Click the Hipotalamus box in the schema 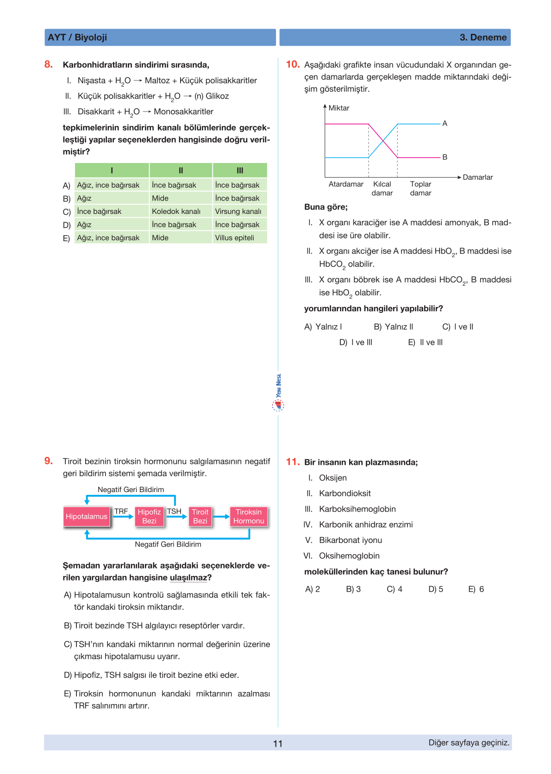87,517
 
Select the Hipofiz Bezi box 149,517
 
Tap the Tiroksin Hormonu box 249,517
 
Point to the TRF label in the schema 121,512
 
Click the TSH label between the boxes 174,512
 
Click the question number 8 49,64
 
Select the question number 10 293,64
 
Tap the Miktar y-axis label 339,108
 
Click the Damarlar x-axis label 478,177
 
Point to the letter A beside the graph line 445,124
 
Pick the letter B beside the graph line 445,157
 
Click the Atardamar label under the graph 346,184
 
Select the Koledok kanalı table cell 176,212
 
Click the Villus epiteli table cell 234,238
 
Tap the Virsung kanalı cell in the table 238,212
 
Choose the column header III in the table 240,170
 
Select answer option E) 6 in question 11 476,589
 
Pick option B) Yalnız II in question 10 394,327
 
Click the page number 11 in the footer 278,743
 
